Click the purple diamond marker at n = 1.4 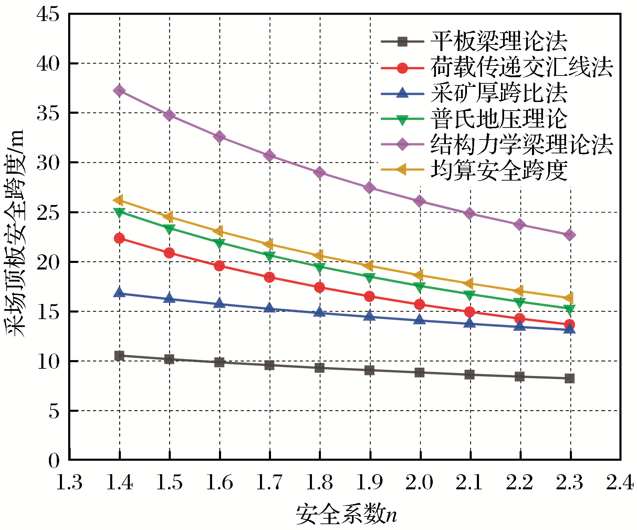tap(119, 91)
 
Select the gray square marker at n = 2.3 tap(570, 378)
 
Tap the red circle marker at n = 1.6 tap(219, 266)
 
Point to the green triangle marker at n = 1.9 tap(369, 278)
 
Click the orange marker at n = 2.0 tap(419, 275)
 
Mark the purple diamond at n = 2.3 tap(570, 235)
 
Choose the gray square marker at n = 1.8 tap(320, 368)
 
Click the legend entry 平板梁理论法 tap(499, 41)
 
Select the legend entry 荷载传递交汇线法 tap(522, 67)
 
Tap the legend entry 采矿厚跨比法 tap(499, 93)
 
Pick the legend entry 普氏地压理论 tap(499, 119)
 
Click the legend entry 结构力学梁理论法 tap(522, 144)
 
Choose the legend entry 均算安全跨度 tap(499, 170)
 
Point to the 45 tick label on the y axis tap(48, 14)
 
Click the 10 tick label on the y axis tap(48, 361)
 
